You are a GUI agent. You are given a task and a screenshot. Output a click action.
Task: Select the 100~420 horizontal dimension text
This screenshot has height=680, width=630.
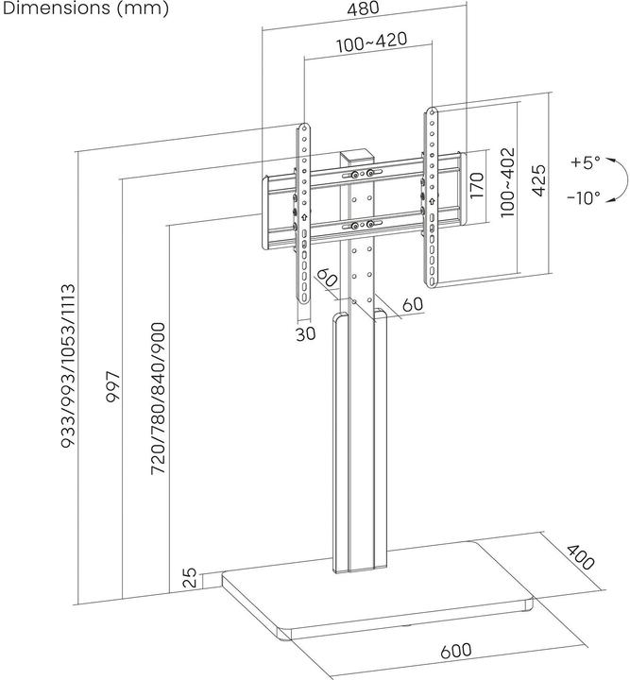click(x=366, y=45)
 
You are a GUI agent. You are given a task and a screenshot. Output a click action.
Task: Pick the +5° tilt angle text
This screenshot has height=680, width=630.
click(x=585, y=162)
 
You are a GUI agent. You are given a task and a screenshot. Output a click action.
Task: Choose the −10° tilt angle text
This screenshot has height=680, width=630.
click(x=585, y=198)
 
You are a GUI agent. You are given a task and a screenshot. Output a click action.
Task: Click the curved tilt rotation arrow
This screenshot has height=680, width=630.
click(x=617, y=180)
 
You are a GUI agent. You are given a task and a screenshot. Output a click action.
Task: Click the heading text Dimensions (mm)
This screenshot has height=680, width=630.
click(x=85, y=9)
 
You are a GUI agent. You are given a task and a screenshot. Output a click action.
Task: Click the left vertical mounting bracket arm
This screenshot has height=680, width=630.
click(x=303, y=212)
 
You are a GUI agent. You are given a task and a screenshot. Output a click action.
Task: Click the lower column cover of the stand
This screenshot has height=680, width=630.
click(x=361, y=444)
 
